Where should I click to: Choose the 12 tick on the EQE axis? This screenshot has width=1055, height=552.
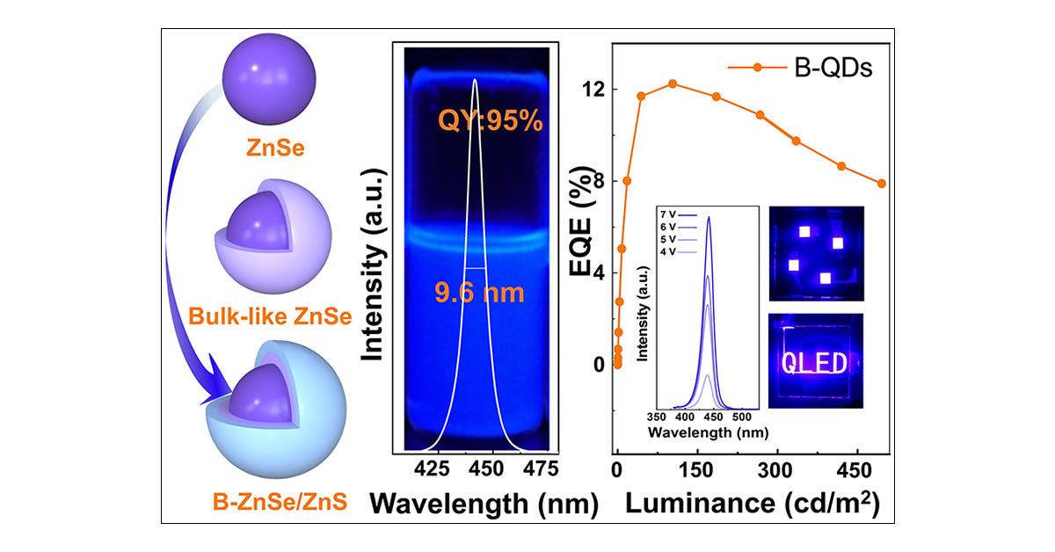[x=598, y=90]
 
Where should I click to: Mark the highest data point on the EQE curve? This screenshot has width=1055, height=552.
[x=673, y=84]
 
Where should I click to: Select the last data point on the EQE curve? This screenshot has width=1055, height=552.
[x=882, y=183]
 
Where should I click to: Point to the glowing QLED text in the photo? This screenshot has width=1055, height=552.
[x=815, y=363]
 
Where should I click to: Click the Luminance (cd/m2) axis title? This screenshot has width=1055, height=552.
[x=753, y=504]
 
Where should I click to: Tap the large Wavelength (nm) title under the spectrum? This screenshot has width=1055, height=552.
[x=484, y=504]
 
